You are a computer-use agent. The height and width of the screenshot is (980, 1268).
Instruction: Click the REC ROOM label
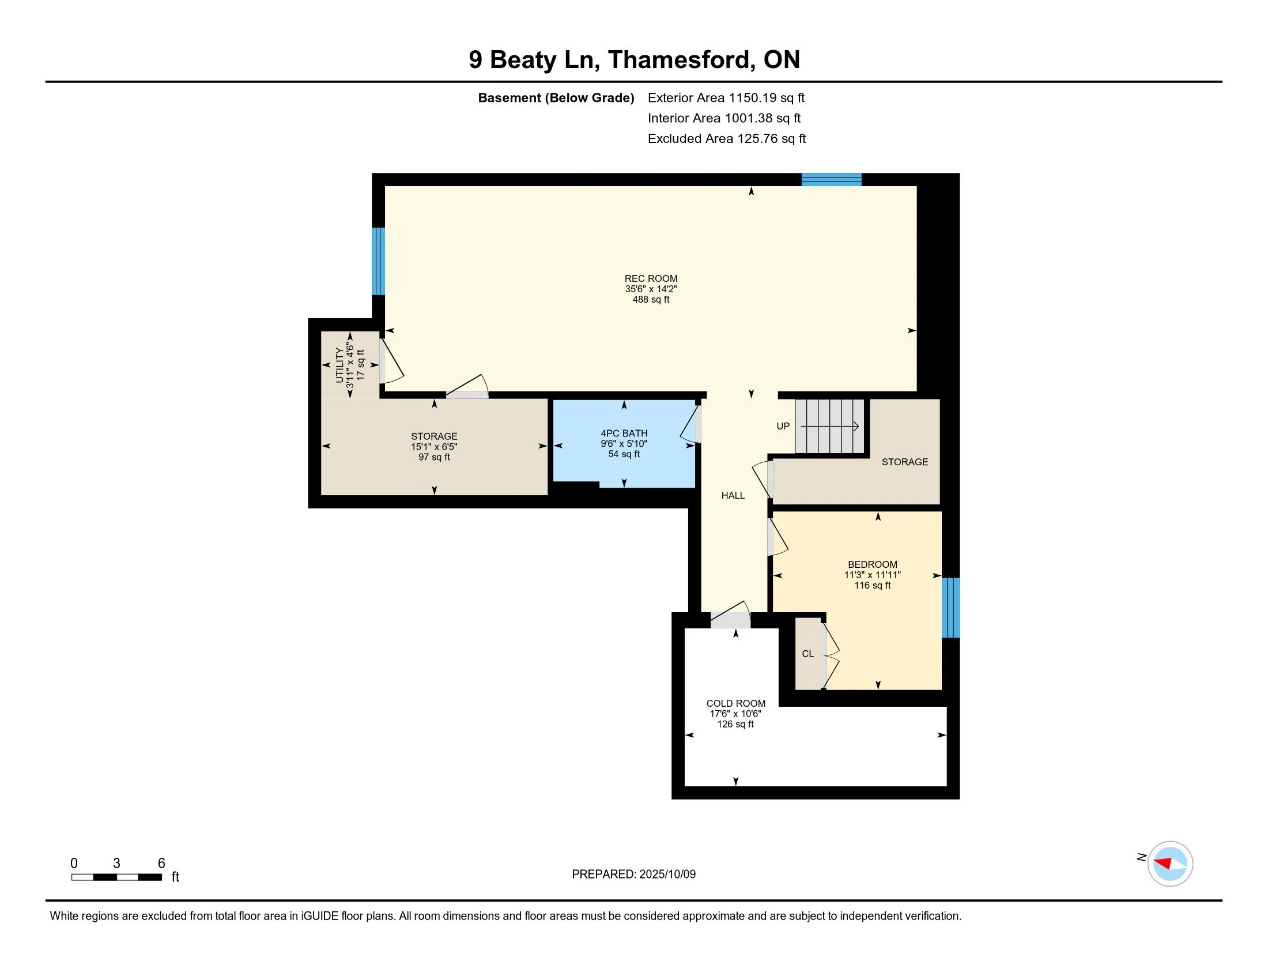point(651,278)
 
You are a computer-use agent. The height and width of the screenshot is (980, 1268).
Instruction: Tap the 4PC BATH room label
point(624,433)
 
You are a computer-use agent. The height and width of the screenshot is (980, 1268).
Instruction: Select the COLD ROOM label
point(735,703)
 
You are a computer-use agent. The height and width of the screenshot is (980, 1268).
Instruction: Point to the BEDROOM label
point(872,564)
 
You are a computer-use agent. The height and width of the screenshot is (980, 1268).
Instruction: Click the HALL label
point(733,495)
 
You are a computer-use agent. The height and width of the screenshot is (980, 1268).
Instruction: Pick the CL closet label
point(807,654)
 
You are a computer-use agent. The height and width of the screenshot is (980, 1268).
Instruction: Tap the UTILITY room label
point(339,365)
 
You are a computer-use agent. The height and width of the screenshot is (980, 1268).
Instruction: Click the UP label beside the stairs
point(783,426)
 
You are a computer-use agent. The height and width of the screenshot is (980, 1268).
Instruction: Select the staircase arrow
point(829,427)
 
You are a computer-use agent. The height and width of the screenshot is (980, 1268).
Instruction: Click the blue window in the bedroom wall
point(950,607)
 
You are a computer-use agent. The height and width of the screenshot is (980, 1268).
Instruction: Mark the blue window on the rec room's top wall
point(831,179)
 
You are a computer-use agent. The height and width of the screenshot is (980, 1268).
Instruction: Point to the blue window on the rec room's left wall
point(378,261)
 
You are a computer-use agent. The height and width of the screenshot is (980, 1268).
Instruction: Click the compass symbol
point(1170,864)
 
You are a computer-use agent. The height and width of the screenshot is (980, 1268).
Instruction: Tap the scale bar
point(116,877)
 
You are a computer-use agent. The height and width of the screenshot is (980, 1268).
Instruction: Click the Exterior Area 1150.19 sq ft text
point(726,97)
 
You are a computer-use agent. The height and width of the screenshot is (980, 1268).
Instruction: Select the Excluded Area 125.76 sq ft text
point(726,138)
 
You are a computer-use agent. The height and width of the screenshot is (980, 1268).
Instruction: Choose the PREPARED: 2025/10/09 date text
point(633,874)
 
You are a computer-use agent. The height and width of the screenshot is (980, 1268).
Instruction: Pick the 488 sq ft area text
point(651,300)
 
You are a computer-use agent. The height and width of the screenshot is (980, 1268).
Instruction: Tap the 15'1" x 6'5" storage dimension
point(434,446)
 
